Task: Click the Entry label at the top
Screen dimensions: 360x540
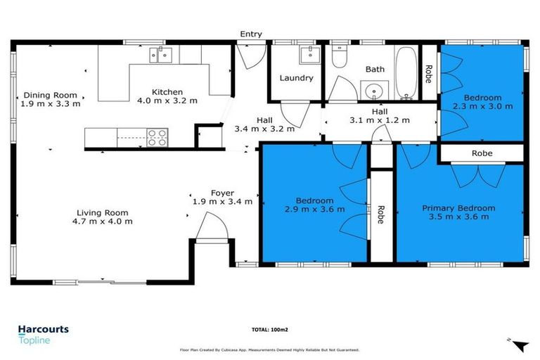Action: (250, 34)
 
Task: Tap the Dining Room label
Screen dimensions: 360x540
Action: (50, 96)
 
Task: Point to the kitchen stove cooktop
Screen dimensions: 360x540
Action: (157, 138)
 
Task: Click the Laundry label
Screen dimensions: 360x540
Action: (296, 78)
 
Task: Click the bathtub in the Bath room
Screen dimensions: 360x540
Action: (404, 74)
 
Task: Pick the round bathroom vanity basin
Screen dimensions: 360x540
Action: (373, 90)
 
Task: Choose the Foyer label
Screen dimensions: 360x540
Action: (222, 193)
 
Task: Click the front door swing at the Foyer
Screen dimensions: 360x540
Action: (212, 228)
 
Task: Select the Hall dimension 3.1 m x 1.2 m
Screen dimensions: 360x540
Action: (379, 120)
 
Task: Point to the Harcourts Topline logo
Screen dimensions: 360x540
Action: (44, 332)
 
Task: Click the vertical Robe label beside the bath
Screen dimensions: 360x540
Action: (428, 74)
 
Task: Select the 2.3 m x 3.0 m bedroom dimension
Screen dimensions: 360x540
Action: (482, 106)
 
